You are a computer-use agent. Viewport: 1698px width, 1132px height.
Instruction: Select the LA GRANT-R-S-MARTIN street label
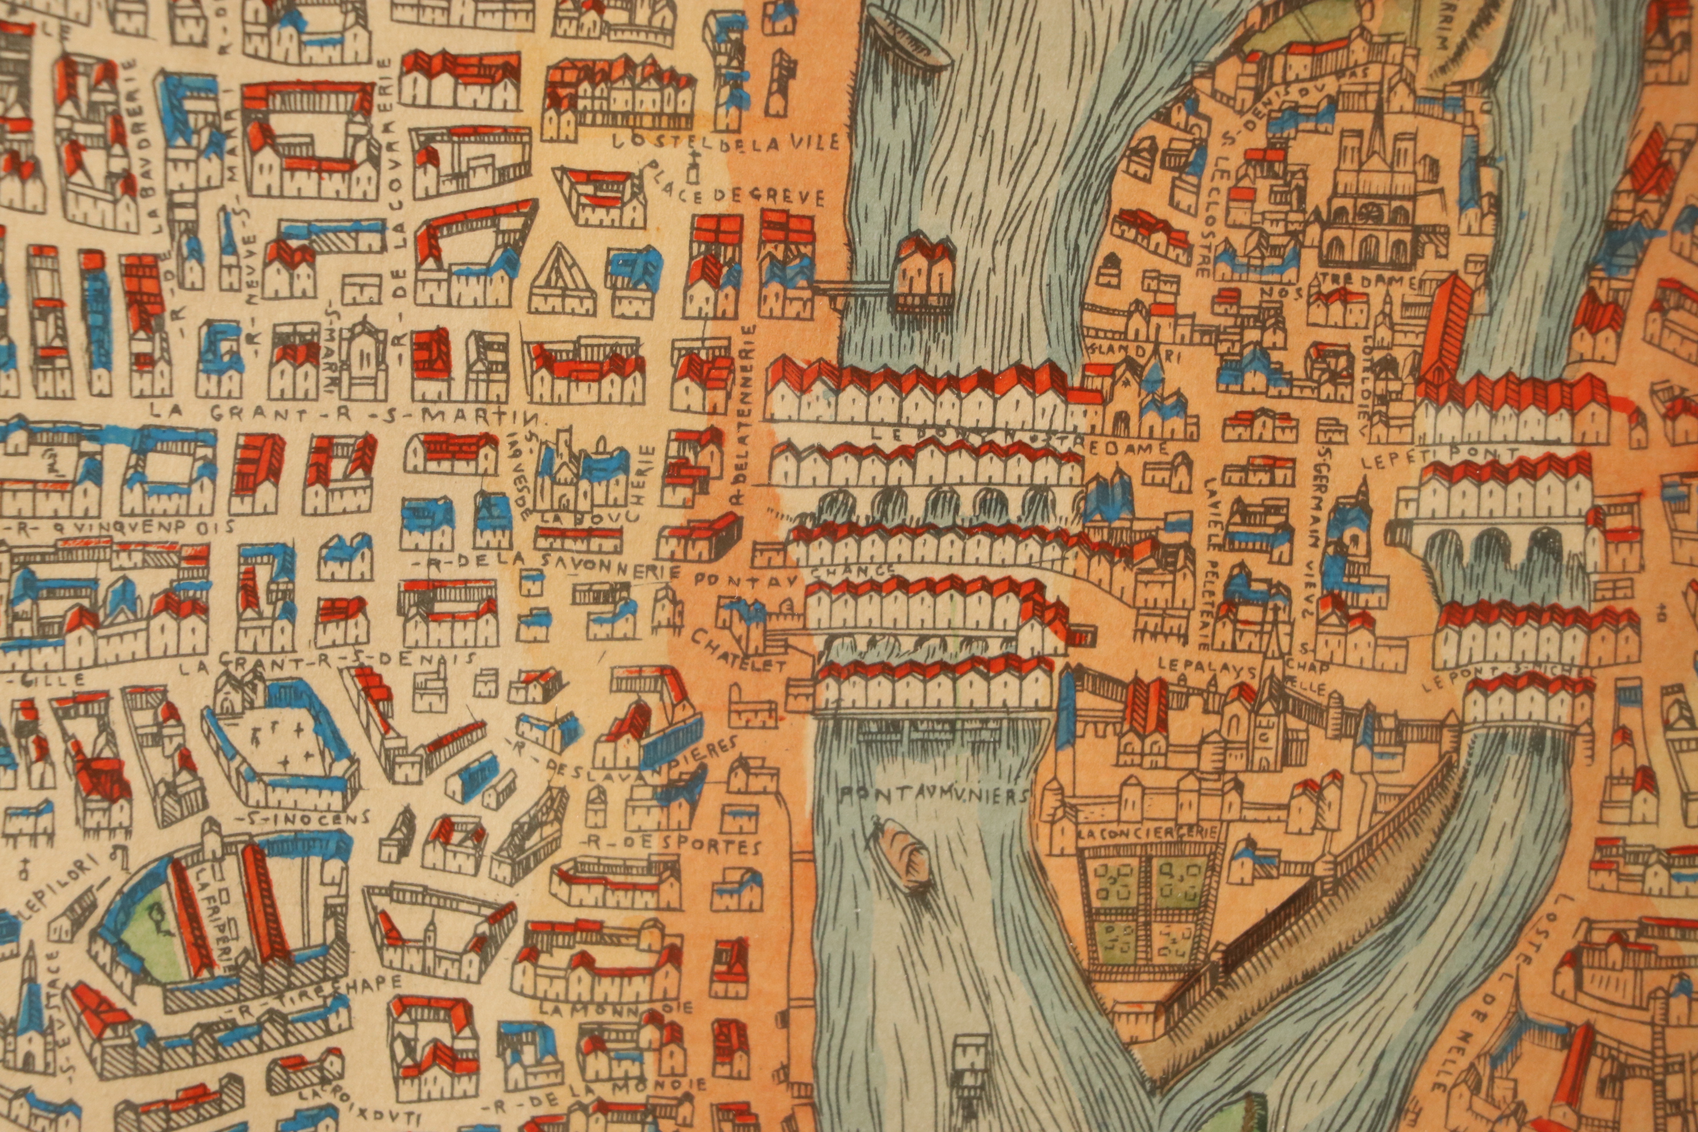coord(348,414)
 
